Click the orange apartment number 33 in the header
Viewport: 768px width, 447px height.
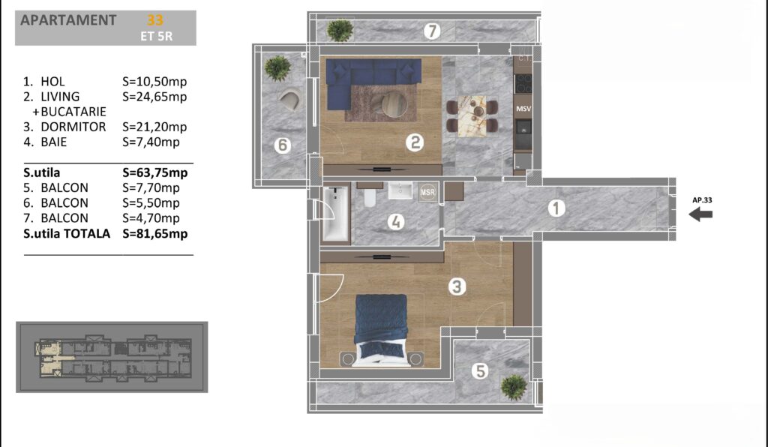click(x=154, y=20)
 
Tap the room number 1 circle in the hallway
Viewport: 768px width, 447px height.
click(x=556, y=208)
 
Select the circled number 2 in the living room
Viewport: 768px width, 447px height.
click(x=415, y=142)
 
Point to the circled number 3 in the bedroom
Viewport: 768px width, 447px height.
click(x=457, y=286)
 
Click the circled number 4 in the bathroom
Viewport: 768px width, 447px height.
click(x=396, y=222)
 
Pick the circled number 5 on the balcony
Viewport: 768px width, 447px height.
click(x=480, y=371)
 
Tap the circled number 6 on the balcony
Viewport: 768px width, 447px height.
click(x=283, y=145)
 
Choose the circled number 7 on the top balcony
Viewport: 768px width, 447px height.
click(x=431, y=31)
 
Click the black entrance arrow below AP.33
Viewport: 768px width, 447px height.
click(x=700, y=214)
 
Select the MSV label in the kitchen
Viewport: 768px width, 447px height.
click(x=523, y=109)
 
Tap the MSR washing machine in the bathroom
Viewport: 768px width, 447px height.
click(x=427, y=192)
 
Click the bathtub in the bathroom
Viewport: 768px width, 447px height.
click(x=336, y=214)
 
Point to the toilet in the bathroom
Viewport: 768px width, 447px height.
click(x=370, y=196)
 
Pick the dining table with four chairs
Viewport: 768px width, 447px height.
click(x=472, y=116)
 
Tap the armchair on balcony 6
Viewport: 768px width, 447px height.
click(x=291, y=99)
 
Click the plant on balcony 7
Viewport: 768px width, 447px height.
click(x=340, y=30)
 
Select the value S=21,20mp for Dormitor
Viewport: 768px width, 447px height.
click(x=154, y=127)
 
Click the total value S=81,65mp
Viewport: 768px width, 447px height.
click(x=154, y=233)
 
